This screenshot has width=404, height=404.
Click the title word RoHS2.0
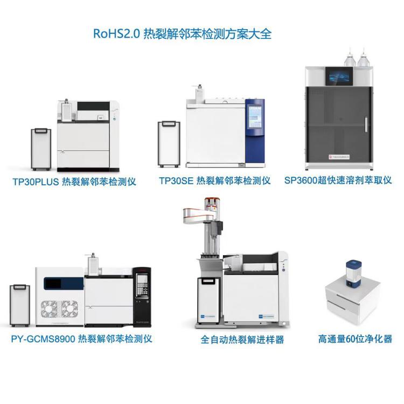pos(116,34)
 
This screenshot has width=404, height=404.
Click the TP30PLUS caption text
pos(36,182)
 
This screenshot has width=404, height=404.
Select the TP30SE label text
pos(176,180)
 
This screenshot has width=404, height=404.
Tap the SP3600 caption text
pos(301,180)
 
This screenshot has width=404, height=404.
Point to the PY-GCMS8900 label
pos(43,339)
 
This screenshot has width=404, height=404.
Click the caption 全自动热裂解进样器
pos(242,339)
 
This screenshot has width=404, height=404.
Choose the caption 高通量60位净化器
pos(355,339)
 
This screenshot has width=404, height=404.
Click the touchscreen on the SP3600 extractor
pos(339,76)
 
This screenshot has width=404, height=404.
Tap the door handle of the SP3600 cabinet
pos(366,125)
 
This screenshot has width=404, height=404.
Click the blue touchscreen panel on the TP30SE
pos(254,117)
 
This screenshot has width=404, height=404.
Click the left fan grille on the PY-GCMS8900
pos(50,309)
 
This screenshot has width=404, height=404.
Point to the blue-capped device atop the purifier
pos(353,274)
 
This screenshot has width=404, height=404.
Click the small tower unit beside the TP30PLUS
pos(41,149)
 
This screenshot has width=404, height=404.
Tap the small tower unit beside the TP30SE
pos(169,144)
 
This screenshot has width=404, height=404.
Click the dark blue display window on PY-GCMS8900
pos(64,283)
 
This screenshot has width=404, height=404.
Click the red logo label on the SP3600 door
pos(339,157)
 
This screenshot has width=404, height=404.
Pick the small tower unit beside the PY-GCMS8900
pos(20,305)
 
